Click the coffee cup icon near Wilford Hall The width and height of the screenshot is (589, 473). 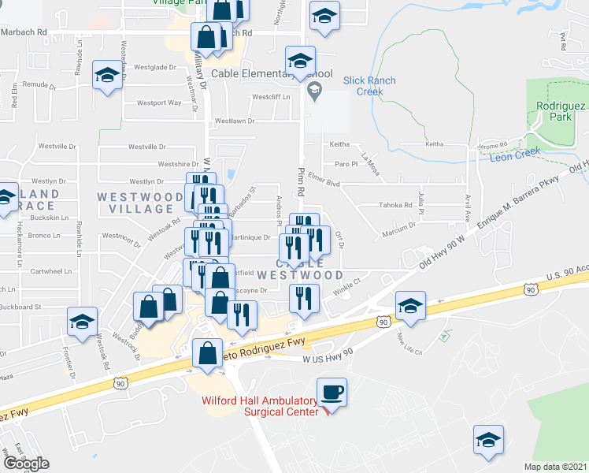click(x=332, y=392)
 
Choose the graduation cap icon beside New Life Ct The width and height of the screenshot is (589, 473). click(x=409, y=307)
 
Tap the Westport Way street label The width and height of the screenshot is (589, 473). click(x=159, y=102)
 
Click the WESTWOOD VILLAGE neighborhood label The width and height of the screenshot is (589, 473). click(x=135, y=202)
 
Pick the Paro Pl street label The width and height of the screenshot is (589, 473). click(x=346, y=164)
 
